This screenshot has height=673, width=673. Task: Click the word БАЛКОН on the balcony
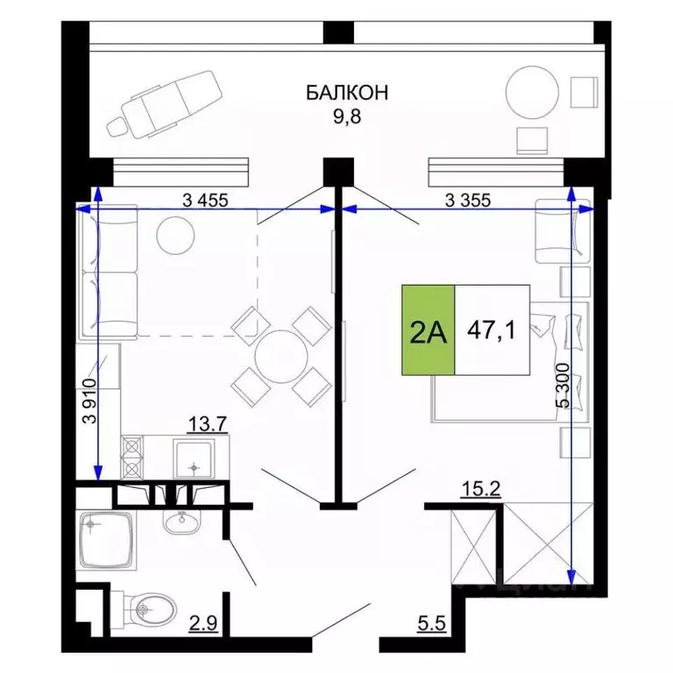(x=348, y=92)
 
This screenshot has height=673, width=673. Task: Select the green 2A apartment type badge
(x=429, y=330)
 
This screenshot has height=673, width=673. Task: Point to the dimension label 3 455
(x=205, y=199)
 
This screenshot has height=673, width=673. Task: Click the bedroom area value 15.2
(x=480, y=489)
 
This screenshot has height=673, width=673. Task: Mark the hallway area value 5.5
(x=431, y=624)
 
